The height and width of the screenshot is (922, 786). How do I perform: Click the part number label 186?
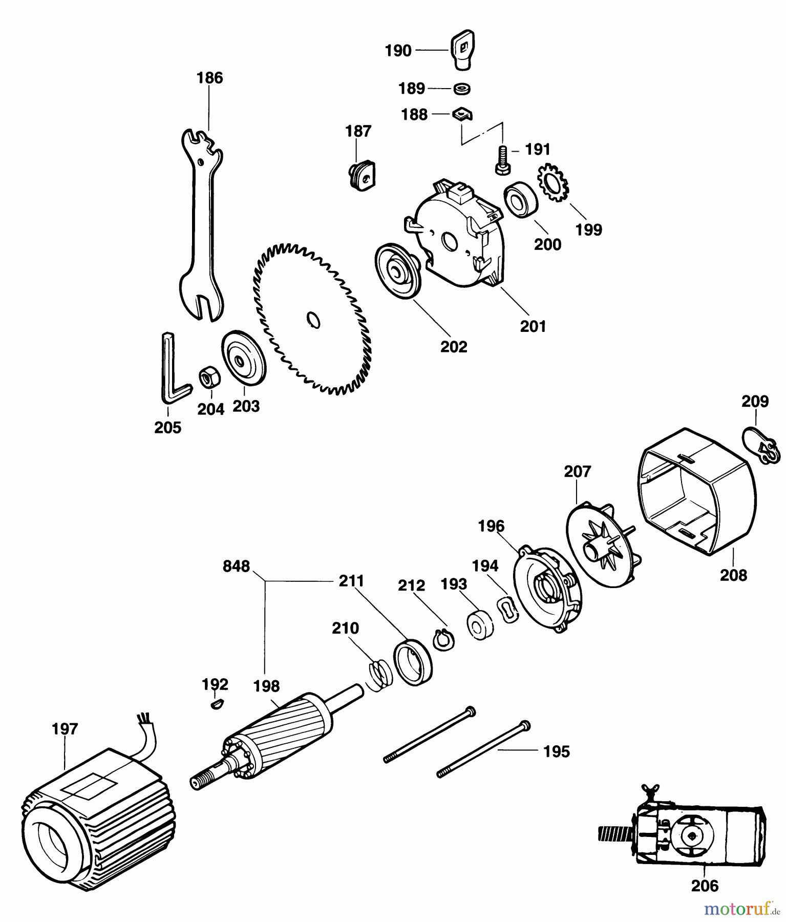coord(210,78)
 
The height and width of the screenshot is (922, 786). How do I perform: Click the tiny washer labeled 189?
coord(463,89)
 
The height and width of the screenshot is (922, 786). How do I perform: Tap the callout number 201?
coord(533,326)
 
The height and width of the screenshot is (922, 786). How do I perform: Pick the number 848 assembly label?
coord(236,567)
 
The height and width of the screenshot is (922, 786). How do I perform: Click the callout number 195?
coord(556,751)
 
